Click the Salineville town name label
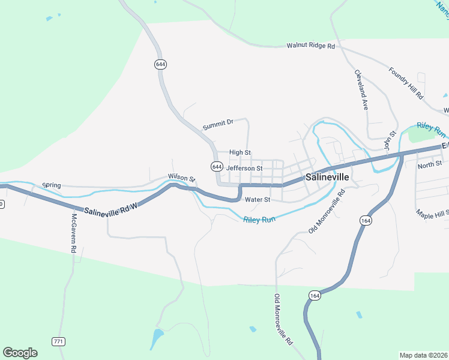click(327, 178)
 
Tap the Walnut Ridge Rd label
click(310, 46)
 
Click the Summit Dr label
click(217, 125)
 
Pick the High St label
click(240, 153)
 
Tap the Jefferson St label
click(244, 169)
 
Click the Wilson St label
click(182, 178)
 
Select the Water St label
click(258, 199)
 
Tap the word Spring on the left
click(52, 185)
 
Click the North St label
click(429, 164)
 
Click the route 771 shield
click(58, 341)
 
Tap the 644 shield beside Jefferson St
click(217, 166)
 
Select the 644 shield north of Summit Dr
click(160, 65)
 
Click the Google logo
click(20, 353)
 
